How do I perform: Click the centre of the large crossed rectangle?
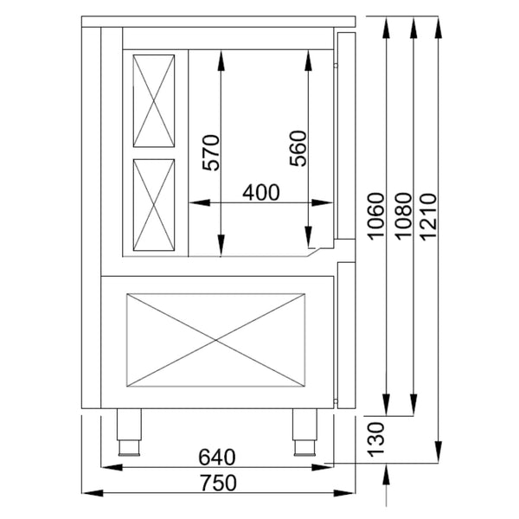(x=218, y=340)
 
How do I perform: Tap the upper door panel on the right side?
(x=344, y=134)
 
